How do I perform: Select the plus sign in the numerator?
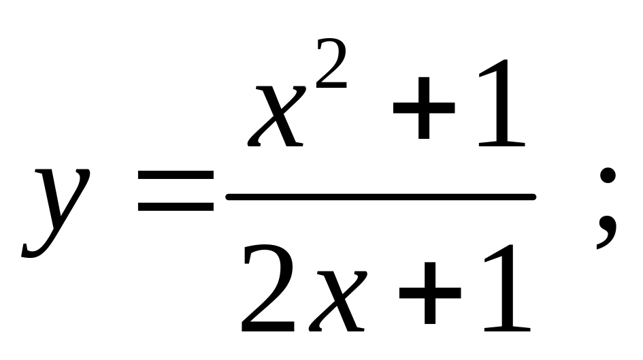click(x=424, y=108)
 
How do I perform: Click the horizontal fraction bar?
click(x=381, y=197)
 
